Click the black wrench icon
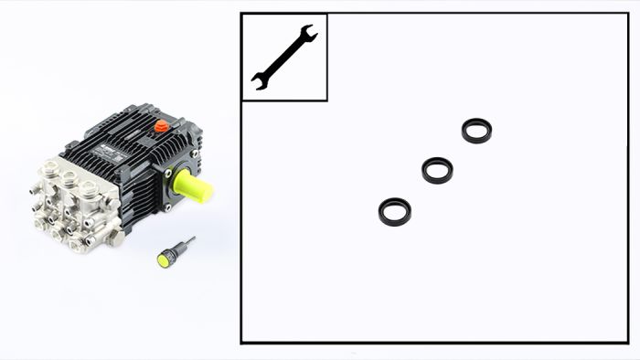point(283,57)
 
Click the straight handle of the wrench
point(283,57)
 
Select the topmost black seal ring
point(476,131)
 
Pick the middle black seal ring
point(437,170)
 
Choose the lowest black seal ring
point(395,212)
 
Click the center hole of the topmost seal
point(476,130)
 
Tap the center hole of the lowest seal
point(395,211)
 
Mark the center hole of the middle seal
point(437,169)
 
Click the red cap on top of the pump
point(162,126)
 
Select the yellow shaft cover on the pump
point(193,186)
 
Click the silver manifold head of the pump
point(73,206)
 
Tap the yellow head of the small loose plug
point(164,259)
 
